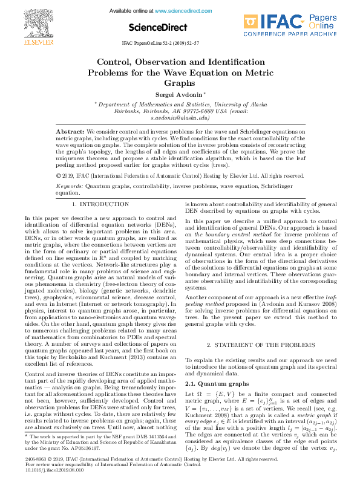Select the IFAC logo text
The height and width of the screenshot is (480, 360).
pos(282,23)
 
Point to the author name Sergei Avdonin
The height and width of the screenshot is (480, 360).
pos(179,95)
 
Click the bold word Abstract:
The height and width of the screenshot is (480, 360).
pos(70,131)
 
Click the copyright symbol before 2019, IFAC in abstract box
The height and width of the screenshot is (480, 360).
pos(58,175)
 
